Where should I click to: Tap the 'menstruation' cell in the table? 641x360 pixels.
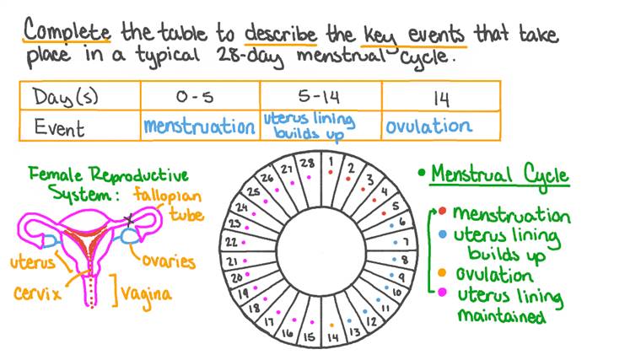coord(199,126)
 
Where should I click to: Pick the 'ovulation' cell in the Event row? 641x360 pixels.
coord(428,126)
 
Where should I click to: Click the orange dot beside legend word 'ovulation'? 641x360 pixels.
coord(442,275)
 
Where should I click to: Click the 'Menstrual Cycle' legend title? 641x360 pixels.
coord(499,175)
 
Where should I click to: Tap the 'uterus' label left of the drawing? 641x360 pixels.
coord(33,261)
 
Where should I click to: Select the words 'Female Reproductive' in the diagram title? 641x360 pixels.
coord(108,175)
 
